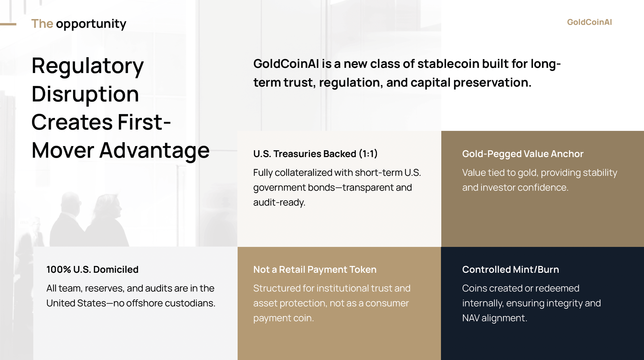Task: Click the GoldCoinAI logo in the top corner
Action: point(589,22)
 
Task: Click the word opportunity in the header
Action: point(91,24)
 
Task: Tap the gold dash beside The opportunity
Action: point(8,24)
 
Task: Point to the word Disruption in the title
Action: point(85,94)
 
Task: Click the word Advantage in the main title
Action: point(155,151)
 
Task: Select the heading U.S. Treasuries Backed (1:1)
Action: point(315,154)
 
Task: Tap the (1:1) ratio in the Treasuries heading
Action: point(368,154)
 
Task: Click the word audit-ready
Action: point(279,203)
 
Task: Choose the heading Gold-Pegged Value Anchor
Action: point(523,154)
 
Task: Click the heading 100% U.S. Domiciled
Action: point(92,270)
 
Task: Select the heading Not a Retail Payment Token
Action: point(315,270)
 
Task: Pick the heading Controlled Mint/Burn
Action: point(510,270)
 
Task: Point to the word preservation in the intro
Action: point(492,83)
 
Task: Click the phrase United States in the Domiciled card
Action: point(76,303)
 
